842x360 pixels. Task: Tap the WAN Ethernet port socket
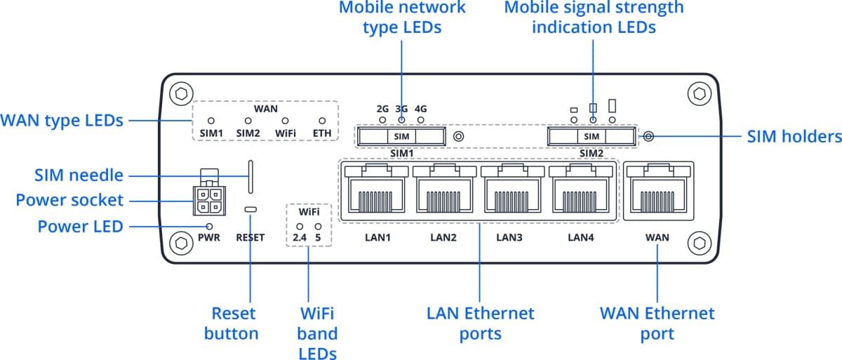click(x=657, y=192)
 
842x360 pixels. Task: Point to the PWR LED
click(x=209, y=226)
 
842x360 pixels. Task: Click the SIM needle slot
click(x=250, y=175)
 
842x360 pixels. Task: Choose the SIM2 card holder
click(x=592, y=135)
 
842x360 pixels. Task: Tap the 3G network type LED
click(x=402, y=120)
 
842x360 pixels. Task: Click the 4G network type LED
click(x=421, y=120)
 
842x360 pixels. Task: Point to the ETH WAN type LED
click(x=323, y=121)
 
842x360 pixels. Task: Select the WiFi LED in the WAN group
click(x=286, y=121)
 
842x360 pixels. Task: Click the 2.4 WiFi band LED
click(x=300, y=227)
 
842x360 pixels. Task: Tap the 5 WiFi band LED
click(x=318, y=227)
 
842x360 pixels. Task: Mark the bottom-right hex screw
click(x=698, y=243)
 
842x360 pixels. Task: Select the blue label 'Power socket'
click(x=69, y=201)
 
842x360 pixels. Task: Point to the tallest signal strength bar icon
click(x=612, y=105)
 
